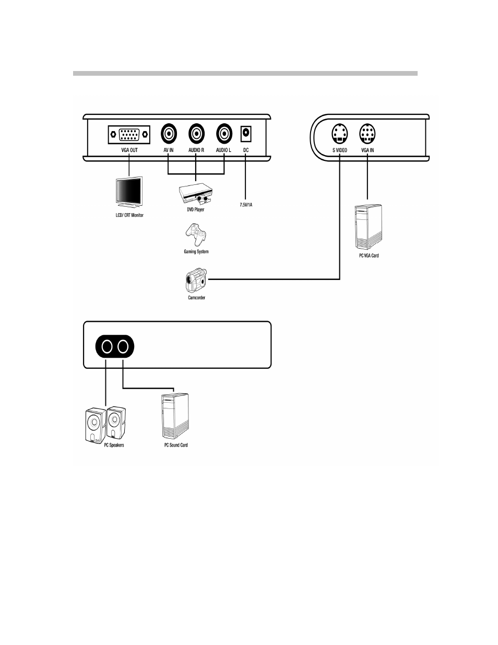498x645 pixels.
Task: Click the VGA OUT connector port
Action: [129, 135]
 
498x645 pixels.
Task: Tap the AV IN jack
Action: [169, 134]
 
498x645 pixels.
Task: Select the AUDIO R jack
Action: [196, 134]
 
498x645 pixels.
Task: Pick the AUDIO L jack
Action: [224, 134]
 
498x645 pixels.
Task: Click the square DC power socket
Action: [245, 134]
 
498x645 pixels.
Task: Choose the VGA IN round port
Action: [367, 134]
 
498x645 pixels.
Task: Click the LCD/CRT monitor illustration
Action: [129, 194]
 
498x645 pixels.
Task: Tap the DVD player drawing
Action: [196, 195]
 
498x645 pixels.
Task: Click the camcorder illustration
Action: [196, 281]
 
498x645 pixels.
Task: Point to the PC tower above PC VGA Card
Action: [368, 228]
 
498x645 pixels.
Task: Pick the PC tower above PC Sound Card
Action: [175, 416]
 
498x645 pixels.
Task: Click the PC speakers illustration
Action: [105, 425]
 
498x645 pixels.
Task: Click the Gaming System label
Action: [196, 252]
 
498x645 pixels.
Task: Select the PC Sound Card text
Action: [176, 445]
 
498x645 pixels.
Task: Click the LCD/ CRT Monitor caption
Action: [129, 215]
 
